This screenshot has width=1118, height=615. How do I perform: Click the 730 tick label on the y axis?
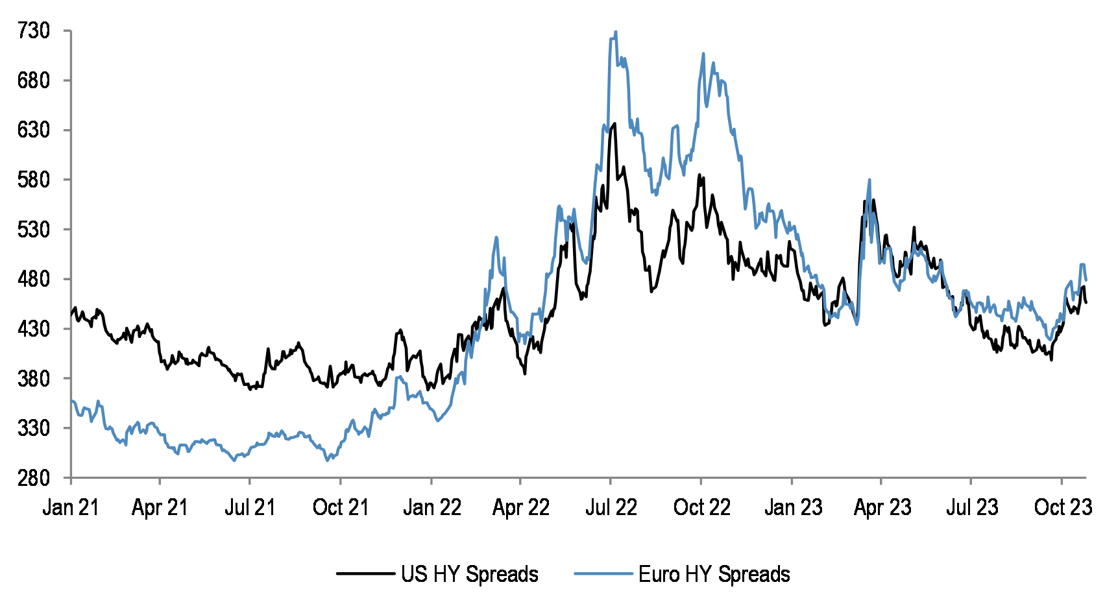tap(34, 30)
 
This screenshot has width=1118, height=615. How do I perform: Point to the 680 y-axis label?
tap(34, 80)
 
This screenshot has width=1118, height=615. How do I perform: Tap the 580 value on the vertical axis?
tap(34, 180)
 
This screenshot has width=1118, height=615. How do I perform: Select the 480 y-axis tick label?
tap(34, 279)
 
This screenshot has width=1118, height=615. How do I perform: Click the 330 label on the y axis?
tap(34, 428)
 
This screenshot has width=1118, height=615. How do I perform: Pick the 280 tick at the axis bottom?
tap(34, 478)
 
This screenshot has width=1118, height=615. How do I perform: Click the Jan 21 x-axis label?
tap(71, 507)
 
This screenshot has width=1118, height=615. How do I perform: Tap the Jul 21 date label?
tap(250, 507)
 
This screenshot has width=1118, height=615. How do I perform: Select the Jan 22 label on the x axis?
tap(431, 507)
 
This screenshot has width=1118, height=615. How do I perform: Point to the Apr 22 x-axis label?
tap(520, 507)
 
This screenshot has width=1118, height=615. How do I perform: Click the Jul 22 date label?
tap(611, 507)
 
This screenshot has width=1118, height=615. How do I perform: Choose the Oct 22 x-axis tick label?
tap(701, 507)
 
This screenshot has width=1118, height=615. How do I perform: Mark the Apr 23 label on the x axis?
tap(882, 507)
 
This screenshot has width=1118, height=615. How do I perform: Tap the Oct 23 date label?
tap(1062, 507)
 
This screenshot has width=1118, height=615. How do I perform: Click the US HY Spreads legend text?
tap(469, 574)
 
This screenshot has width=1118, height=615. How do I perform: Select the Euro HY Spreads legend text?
tap(714, 574)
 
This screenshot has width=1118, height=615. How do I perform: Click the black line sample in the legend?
tap(365, 573)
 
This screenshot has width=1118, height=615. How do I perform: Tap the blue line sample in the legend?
tap(603, 573)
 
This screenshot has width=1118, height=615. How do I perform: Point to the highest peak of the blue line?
tap(615, 32)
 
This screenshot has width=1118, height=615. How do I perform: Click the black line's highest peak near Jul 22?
tap(614, 123)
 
